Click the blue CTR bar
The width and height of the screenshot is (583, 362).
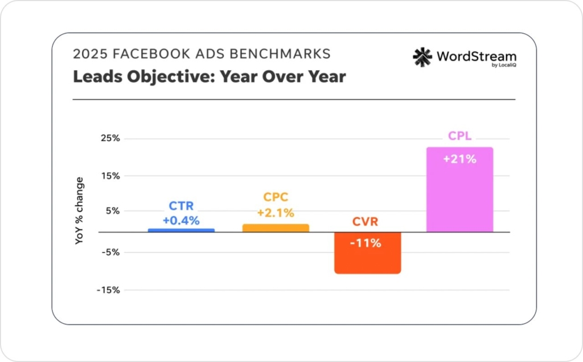(x=181, y=230)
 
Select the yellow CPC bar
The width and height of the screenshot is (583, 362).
(x=276, y=228)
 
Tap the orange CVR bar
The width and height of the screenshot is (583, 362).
(x=368, y=253)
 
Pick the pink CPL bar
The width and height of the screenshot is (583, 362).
(x=459, y=190)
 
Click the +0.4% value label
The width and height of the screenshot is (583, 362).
(x=181, y=221)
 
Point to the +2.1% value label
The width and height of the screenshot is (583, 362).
(x=276, y=213)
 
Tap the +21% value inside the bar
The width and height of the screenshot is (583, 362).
(x=459, y=159)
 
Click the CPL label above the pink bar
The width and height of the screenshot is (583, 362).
(x=459, y=137)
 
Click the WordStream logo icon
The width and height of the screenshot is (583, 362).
(x=422, y=58)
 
